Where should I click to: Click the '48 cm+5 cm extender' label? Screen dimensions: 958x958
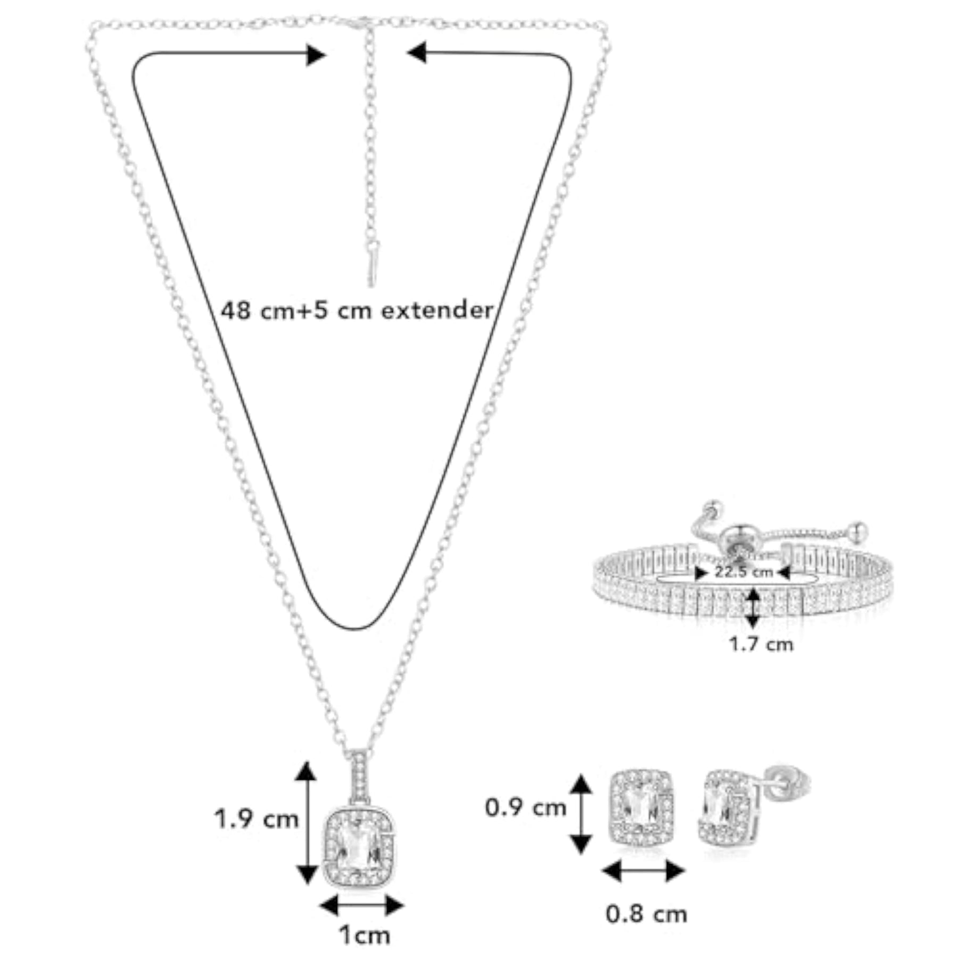pyautogui.click(x=357, y=310)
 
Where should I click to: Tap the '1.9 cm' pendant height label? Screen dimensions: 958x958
pyautogui.click(x=257, y=819)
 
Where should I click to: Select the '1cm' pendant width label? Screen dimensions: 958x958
pyautogui.click(x=365, y=935)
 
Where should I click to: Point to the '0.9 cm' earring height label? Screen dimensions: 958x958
pyautogui.click(x=525, y=808)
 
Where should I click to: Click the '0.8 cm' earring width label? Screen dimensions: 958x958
pyautogui.click(x=646, y=914)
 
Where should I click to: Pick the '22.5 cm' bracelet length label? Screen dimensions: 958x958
pyautogui.click(x=744, y=572)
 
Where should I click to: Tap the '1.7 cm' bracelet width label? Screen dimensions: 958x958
pyautogui.click(x=761, y=645)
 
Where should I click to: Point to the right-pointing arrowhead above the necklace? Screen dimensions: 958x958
pyautogui.click(x=316, y=55)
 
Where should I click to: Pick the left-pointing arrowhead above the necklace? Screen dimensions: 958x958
pyautogui.click(x=417, y=53)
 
